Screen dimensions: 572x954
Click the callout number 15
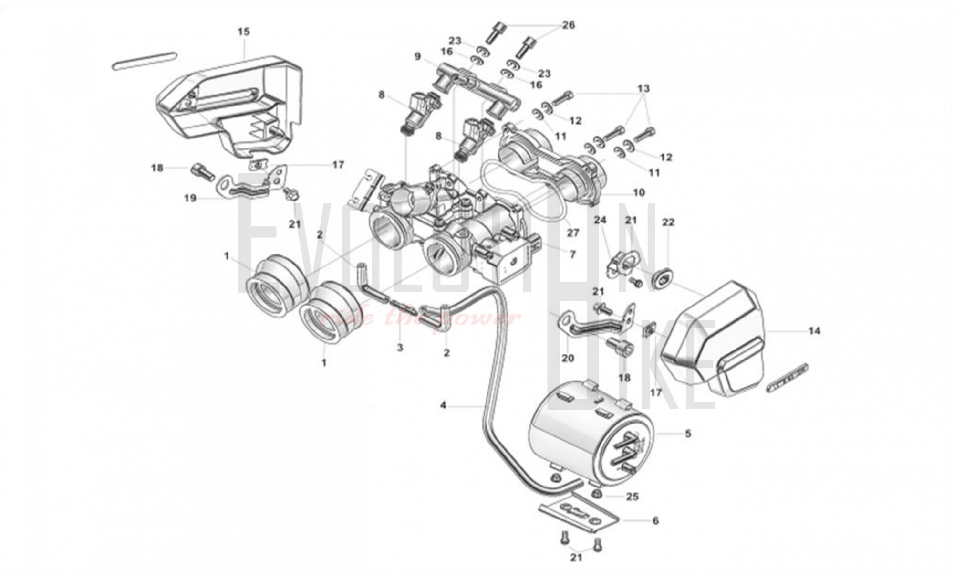pyautogui.click(x=243, y=32)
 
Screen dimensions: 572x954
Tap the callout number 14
pyautogui.click(x=814, y=330)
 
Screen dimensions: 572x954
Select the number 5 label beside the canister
pyautogui.click(x=688, y=434)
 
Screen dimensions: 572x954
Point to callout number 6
pyautogui.click(x=655, y=520)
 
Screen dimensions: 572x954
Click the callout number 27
pyautogui.click(x=572, y=233)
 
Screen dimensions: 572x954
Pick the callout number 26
pyautogui.click(x=569, y=25)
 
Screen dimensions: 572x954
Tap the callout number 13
pyautogui.click(x=643, y=88)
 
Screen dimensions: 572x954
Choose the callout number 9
pyautogui.click(x=418, y=57)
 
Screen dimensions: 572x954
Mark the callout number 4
pyautogui.click(x=443, y=405)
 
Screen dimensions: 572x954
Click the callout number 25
pyautogui.click(x=632, y=497)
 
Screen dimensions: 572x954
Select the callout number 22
pyautogui.click(x=669, y=222)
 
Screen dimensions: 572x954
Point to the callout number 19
pyautogui.click(x=190, y=198)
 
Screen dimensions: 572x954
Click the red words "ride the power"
pyautogui.click(x=420, y=318)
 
